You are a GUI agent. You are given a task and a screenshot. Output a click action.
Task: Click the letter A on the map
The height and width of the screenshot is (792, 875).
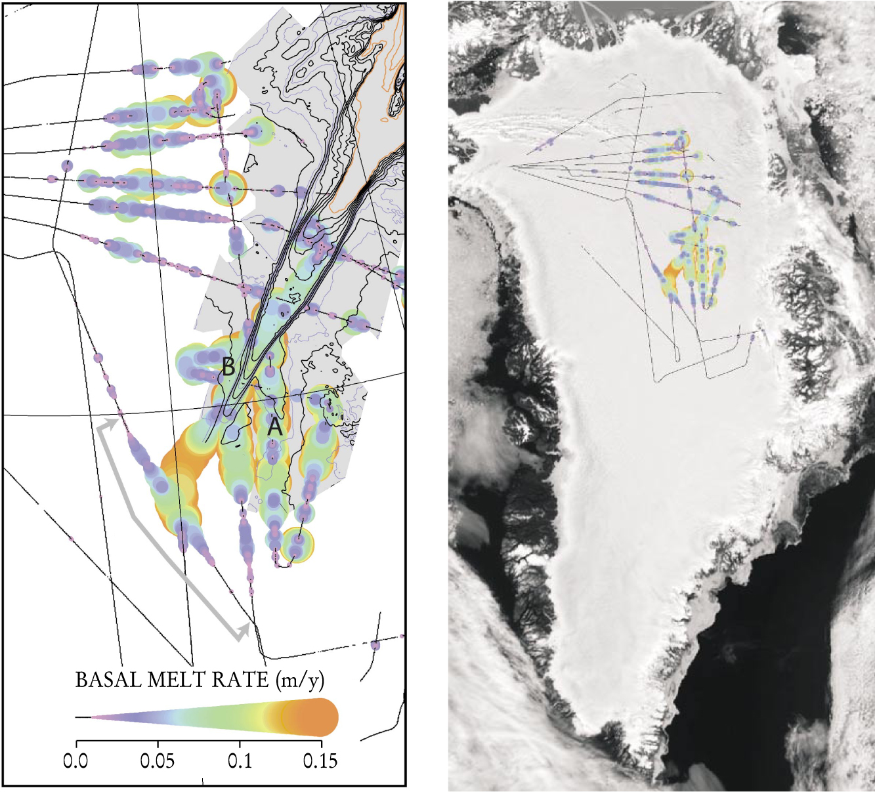click(x=275, y=428)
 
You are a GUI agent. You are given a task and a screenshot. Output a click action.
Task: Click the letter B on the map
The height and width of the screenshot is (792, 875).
click(x=228, y=367)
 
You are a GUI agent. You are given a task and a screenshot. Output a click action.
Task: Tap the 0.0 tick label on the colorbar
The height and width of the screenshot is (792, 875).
click(x=76, y=761)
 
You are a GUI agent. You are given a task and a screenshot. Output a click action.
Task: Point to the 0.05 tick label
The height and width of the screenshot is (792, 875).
click(x=158, y=761)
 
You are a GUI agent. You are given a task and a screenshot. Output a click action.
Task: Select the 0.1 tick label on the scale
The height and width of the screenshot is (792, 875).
click(x=240, y=761)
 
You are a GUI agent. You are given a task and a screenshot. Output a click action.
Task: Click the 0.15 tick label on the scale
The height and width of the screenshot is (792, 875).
click(x=320, y=761)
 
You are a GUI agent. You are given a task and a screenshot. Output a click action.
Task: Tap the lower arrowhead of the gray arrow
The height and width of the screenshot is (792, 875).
click(x=244, y=632)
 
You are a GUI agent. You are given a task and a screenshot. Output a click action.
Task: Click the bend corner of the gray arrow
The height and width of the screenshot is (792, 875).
click(x=134, y=517)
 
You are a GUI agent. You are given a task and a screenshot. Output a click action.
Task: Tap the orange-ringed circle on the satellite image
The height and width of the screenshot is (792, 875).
click(x=687, y=175)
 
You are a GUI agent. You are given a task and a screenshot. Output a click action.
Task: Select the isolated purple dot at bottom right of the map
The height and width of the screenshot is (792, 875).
click(x=375, y=645)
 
